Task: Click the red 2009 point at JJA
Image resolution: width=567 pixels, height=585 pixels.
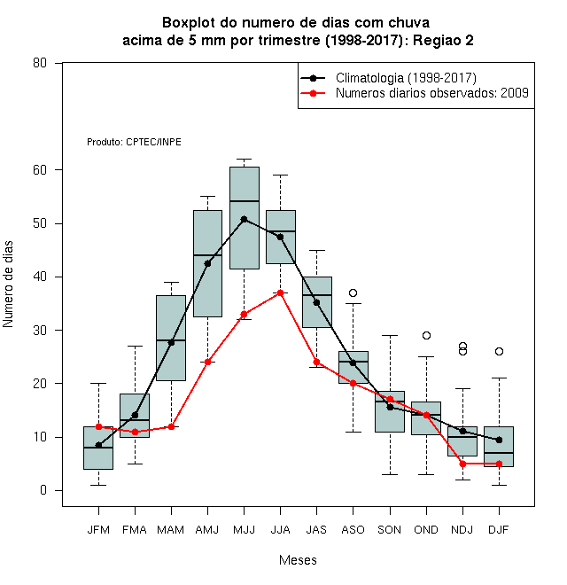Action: click(280, 292)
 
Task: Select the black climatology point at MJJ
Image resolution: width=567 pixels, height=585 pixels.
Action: click(244, 220)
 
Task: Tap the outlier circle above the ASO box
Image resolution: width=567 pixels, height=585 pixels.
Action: click(353, 292)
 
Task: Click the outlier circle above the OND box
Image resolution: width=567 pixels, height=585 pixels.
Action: click(426, 335)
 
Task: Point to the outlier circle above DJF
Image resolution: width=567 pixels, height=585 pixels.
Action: click(499, 352)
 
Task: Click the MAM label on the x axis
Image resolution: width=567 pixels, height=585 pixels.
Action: click(170, 530)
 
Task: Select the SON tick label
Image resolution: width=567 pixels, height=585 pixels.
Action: click(389, 530)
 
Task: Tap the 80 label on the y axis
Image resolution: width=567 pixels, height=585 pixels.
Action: click(40, 63)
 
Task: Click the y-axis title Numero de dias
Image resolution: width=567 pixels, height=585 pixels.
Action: click(8, 285)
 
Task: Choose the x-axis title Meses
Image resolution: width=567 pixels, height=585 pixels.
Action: click(298, 560)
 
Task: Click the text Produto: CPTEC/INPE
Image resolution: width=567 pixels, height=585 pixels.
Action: click(134, 142)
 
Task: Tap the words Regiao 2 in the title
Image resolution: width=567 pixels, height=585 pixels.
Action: click(443, 40)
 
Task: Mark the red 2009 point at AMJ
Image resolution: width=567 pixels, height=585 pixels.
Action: click(207, 362)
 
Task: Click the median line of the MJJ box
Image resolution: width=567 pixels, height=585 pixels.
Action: click(245, 201)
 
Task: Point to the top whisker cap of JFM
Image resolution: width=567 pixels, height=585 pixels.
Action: click(98, 383)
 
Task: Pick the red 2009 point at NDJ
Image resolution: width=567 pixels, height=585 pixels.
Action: click(463, 464)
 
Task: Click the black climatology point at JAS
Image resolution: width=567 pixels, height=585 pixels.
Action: click(316, 302)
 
